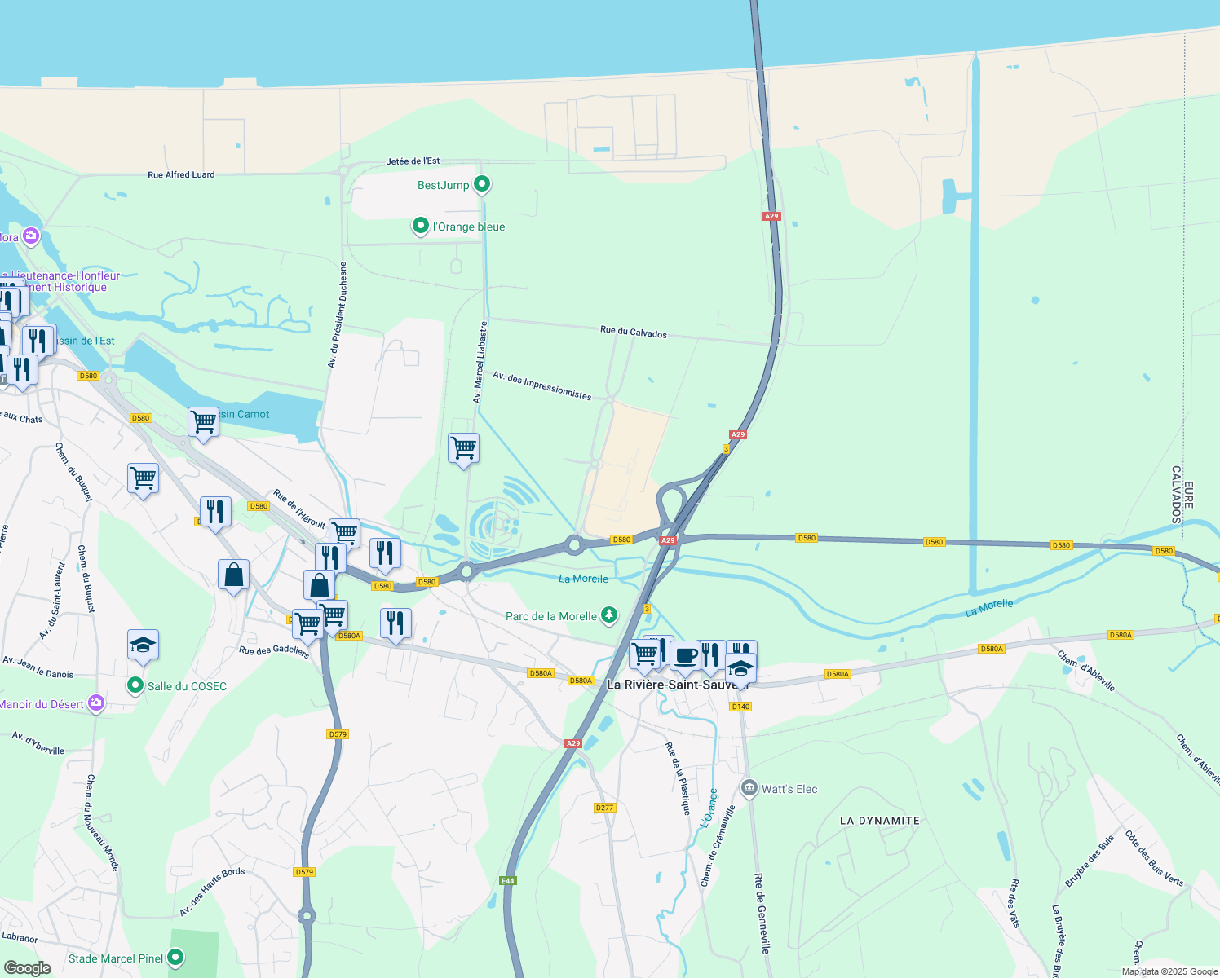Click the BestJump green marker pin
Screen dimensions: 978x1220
pyautogui.click(x=482, y=184)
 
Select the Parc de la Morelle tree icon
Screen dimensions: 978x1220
pyautogui.click(x=608, y=615)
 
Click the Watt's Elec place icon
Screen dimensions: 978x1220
pyautogui.click(x=749, y=788)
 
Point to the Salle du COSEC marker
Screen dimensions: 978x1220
pyautogui.click(x=135, y=686)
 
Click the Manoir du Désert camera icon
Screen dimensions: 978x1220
pyautogui.click(x=96, y=703)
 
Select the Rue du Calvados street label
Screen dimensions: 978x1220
pyautogui.click(x=633, y=333)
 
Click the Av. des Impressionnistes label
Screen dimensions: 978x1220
pyautogui.click(x=542, y=385)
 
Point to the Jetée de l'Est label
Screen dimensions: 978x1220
pyautogui.click(x=413, y=161)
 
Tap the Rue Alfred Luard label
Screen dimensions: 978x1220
pyautogui.click(x=181, y=174)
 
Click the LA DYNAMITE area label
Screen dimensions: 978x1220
pyautogui.click(x=879, y=821)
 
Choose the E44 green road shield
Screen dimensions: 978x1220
pyautogui.click(x=508, y=881)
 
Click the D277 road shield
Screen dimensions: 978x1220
pyautogui.click(x=604, y=808)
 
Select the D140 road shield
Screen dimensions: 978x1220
pyautogui.click(x=740, y=707)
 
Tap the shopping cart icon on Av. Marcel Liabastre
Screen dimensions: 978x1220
pyautogui.click(x=463, y=447)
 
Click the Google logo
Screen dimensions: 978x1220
pyautogui.click(x=28, y=967)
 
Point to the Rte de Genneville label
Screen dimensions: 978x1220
pyautogui.click(x=762, y=913)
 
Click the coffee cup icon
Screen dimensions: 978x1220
pyautogui.click(x=686, y=656)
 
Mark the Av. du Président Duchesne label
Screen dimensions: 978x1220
pyautogui.click(x=337, y=315)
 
